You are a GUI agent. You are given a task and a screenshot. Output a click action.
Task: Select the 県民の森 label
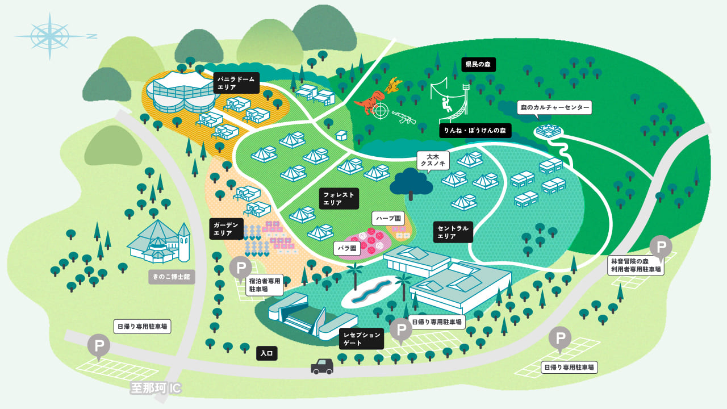478,65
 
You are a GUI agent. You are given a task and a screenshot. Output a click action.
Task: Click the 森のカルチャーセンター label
554,107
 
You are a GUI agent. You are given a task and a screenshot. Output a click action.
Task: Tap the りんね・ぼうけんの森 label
475,131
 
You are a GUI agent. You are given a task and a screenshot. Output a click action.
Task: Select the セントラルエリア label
453,232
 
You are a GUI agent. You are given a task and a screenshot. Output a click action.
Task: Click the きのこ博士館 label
171,278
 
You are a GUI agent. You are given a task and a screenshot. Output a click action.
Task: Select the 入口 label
267,353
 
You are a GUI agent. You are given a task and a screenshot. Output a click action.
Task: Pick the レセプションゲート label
361,339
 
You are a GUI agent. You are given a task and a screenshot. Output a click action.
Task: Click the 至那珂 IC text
156,389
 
